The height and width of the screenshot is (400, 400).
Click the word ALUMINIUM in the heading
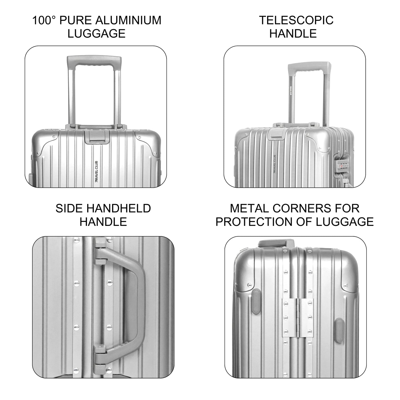point(128,20)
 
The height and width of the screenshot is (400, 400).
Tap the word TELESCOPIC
point(296,20)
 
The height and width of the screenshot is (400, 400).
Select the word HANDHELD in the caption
point(118,208)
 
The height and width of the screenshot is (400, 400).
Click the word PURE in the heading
point(76,20)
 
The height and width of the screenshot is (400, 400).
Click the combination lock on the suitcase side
point(342,166)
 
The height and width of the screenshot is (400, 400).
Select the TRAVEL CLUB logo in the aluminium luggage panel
point(97,172)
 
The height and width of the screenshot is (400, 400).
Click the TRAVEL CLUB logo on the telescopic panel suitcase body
point(275,164)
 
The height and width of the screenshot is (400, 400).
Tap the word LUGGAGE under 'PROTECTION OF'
point(345,222)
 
